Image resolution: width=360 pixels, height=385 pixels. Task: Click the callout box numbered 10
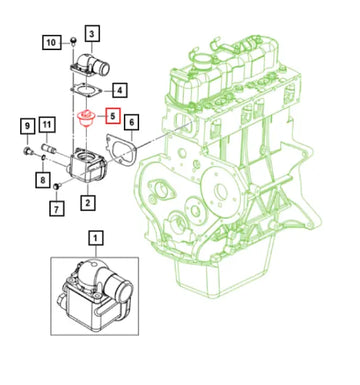pyautogui.click(x=50, y=41)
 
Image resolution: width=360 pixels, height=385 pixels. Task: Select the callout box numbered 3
pyautogui.click(x=92, y=34)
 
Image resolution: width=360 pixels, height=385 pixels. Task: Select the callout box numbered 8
pyautogui.click(x=42, y=180)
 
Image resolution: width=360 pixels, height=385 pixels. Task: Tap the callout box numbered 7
pyautogui.click(x=57, y=209)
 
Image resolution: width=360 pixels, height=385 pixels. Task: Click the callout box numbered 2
pyautogui.click(x=88, y=203)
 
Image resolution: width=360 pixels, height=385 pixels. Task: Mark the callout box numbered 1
pyautogui.click(x=96, y=238)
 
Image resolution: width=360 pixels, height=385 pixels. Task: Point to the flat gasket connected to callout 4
pyautogui.click(x=88, y=94)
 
